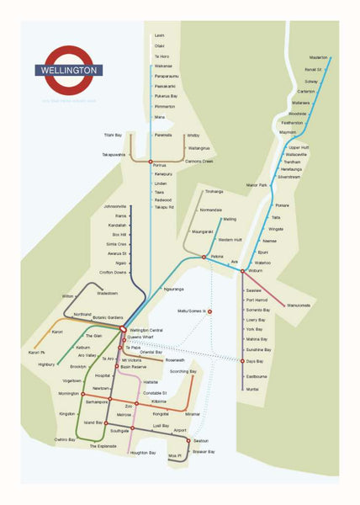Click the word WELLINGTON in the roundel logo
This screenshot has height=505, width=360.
tap(69, 71)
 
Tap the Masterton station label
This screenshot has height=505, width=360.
tap(318, 57)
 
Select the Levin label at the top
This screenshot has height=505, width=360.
tap(159, 35)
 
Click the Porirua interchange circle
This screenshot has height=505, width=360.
tap(151, 162)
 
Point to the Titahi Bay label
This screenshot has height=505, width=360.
tap(114, 135)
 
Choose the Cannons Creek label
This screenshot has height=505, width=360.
tap(199, 161)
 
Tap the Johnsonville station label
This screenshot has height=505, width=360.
tap(114, 206)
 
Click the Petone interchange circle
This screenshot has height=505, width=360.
tap(204, 257)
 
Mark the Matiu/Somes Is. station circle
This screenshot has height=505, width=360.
tap(209, 311)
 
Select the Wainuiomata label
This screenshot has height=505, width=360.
tap(299, 305)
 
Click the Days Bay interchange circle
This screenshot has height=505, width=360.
tap(242, 361)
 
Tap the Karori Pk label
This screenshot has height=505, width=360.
tap(37, 352)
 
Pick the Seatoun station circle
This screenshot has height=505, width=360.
tap(189, 440)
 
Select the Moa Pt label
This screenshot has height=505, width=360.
tap(175, 455)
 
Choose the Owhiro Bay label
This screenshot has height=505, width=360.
tap(66, 439)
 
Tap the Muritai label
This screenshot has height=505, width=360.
tap(252, 389)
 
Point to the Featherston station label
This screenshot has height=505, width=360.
tap(294, 122)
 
